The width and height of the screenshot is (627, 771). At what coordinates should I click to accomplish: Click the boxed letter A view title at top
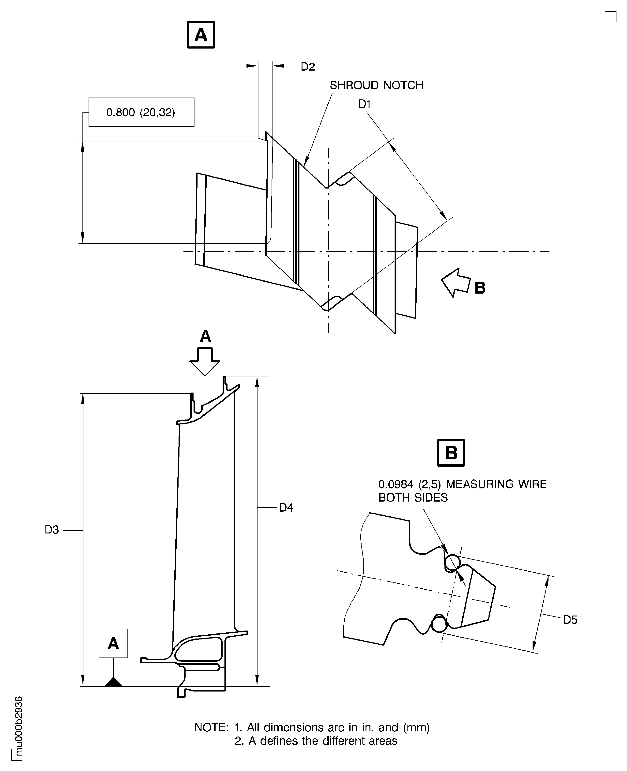201,35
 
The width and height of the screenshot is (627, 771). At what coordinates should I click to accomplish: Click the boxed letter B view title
451,453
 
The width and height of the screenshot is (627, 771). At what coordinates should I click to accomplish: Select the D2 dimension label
308,67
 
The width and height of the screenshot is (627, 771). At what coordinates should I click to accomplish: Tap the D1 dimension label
364,104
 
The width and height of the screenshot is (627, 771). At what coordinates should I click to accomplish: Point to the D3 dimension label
52,530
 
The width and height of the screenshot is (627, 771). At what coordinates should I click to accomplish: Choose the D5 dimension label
570,620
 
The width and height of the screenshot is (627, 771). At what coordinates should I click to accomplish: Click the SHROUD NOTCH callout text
376,85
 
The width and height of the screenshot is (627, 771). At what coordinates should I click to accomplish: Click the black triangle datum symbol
113,682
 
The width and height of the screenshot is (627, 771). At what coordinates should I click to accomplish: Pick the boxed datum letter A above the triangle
113,643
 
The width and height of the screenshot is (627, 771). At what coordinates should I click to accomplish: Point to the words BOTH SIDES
413,498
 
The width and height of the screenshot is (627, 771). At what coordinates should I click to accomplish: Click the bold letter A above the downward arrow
205,336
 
